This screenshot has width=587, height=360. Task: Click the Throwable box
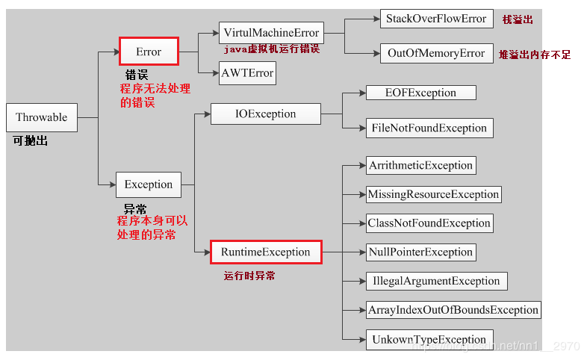[x=41, y=117]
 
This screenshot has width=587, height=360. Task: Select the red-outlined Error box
[x=149, y=52]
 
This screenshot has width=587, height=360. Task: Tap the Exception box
[x=148, y=184]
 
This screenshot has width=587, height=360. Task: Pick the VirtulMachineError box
[x=270, y=33]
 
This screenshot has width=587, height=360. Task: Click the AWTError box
[x=247, y=73]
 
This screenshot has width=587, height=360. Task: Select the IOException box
[x=265, y=114]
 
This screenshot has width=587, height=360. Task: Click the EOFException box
[x=420, y=93]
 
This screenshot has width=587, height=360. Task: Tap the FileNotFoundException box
[x=429, y=128]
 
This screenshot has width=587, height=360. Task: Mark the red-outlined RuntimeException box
[x=265, y=252]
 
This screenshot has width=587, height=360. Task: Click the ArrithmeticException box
[x=420, y=165]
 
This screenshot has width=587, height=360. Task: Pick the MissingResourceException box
[x=433, y=194]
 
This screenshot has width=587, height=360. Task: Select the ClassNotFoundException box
[x=429, y=223]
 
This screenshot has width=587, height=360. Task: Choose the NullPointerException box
[x=420, y=252]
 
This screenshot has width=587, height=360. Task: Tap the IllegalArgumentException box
[x=436, y=281]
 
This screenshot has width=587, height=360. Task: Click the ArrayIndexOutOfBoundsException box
[x=453, y=309]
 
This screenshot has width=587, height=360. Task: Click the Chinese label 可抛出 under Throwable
[x=31, y=140]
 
